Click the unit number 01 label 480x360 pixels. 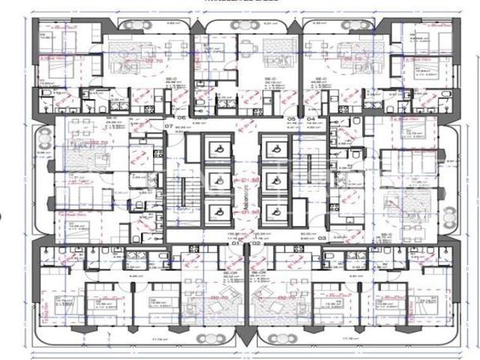(x=234, y=244)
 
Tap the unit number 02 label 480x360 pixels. (x=255, y=244)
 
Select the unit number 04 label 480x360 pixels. (x=310, y=118)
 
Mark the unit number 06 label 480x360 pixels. (x=181, y=118)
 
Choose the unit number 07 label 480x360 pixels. (x=169, y=127)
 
